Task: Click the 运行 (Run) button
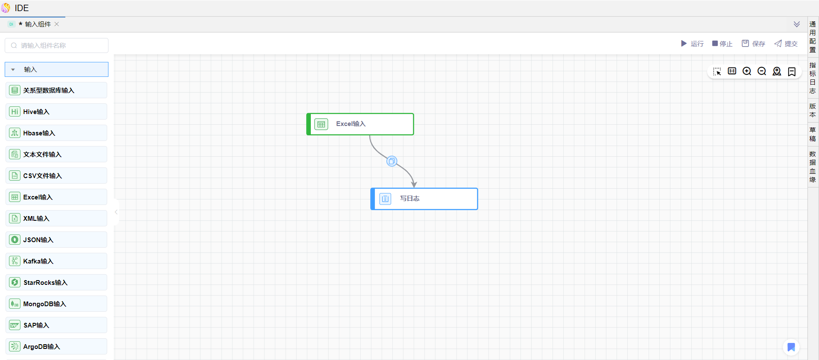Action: tap(692, 44)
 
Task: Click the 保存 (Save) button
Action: tap(753, 44)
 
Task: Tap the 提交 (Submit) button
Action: tap(786, 44)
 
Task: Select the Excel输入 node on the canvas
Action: tap(360, 124)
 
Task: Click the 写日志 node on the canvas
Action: tap(424, 199)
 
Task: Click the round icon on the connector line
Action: tap(392, 161)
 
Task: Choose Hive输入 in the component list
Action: tap(56, 111)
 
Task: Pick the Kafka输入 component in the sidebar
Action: tap(56, 261)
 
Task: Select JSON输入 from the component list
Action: tap(56, 240)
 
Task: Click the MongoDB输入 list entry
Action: tap(56, 304)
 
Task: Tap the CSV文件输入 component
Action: tap(56, 176)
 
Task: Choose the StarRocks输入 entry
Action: tap(56, 282)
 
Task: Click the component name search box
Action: tap(56, 45)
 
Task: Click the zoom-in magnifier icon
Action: tap(747, 71)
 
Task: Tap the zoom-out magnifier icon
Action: tap(762, 71)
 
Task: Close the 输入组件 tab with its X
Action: tap(57, 24)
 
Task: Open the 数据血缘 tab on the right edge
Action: tap(813, 167)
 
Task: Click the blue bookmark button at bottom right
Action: tap(791, 347)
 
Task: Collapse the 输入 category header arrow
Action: tap(13, 70)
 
